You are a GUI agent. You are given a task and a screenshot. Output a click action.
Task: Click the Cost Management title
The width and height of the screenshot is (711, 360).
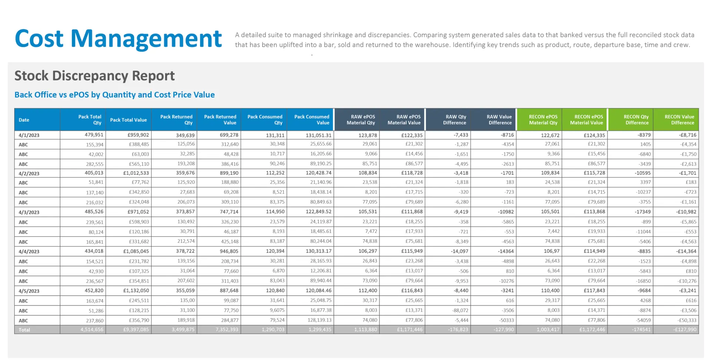(118, 39)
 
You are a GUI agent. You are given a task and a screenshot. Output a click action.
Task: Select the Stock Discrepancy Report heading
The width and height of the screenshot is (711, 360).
(94, 76)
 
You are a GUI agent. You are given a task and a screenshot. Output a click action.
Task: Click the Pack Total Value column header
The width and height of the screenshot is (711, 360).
(128, 120)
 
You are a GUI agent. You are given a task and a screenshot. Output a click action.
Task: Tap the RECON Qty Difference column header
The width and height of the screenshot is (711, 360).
(637, 120)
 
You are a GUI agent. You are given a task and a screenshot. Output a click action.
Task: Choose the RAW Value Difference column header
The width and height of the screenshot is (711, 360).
(500, 120)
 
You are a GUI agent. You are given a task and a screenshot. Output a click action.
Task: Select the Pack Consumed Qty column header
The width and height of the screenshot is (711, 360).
(265, 120)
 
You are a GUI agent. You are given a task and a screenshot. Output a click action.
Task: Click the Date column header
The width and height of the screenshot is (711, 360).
(24, 120)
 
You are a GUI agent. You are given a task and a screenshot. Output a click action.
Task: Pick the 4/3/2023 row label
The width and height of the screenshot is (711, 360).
(29, 212)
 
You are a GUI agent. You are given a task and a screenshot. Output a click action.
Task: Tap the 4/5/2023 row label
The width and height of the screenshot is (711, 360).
(29, 291)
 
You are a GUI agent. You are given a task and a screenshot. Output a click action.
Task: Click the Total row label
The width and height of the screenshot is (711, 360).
(24, 330)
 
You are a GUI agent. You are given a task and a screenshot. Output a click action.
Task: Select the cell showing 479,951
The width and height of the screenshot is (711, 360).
(94, 135)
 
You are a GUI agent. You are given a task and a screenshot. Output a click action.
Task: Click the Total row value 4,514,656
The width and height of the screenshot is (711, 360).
(92, 330)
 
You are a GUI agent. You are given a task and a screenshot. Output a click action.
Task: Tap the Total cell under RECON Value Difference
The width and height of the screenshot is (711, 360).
(685, 330)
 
